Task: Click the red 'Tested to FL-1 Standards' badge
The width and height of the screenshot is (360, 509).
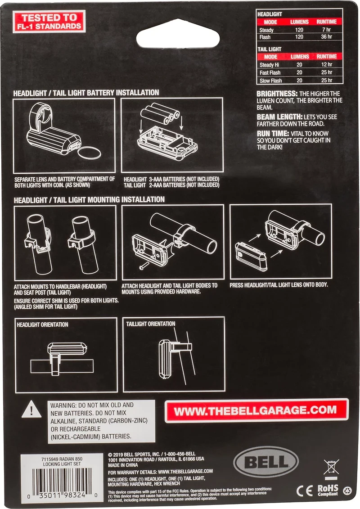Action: [x=49, y=22]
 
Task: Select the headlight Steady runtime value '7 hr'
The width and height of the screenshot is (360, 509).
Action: [x=326, y=30]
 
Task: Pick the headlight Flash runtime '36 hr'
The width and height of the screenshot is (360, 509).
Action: [x=326, y=37]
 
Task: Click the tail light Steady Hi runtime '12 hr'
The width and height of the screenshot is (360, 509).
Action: [x=327, y=64]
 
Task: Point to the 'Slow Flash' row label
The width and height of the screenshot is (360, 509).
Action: [x=270, y=81]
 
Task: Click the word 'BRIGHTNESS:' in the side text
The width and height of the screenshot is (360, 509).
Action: [x=277, y=94]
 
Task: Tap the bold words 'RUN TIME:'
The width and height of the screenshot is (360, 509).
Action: [x=273, y=133]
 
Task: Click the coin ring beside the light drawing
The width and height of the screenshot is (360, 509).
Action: [x=90, y=153]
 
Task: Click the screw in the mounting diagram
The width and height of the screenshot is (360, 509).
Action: [x=144, y=266]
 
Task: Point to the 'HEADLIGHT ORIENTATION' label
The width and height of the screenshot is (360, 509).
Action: [x=42, y=324]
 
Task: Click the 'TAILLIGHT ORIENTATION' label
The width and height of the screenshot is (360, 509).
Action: [x=151, y=324]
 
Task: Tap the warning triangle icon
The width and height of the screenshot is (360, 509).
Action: [x=31, y=409]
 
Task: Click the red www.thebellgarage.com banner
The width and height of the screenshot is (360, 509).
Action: [x=256, y=410]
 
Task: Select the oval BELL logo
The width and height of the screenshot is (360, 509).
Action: [x=266, y=462]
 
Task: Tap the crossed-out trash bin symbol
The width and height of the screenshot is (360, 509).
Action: [x=331, y=468]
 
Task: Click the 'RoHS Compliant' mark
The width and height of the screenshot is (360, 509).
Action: [x=328, y=490]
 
